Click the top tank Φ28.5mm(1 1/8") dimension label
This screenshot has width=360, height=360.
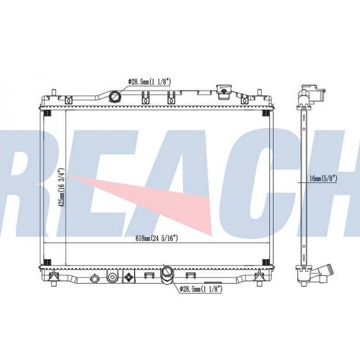[149, 81]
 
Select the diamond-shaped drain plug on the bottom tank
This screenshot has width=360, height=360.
[129, 277]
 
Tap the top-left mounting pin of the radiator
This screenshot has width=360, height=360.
[54, 94]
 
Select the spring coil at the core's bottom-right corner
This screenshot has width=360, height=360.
[265, 262]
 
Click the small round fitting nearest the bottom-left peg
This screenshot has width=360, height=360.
[94, 279]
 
